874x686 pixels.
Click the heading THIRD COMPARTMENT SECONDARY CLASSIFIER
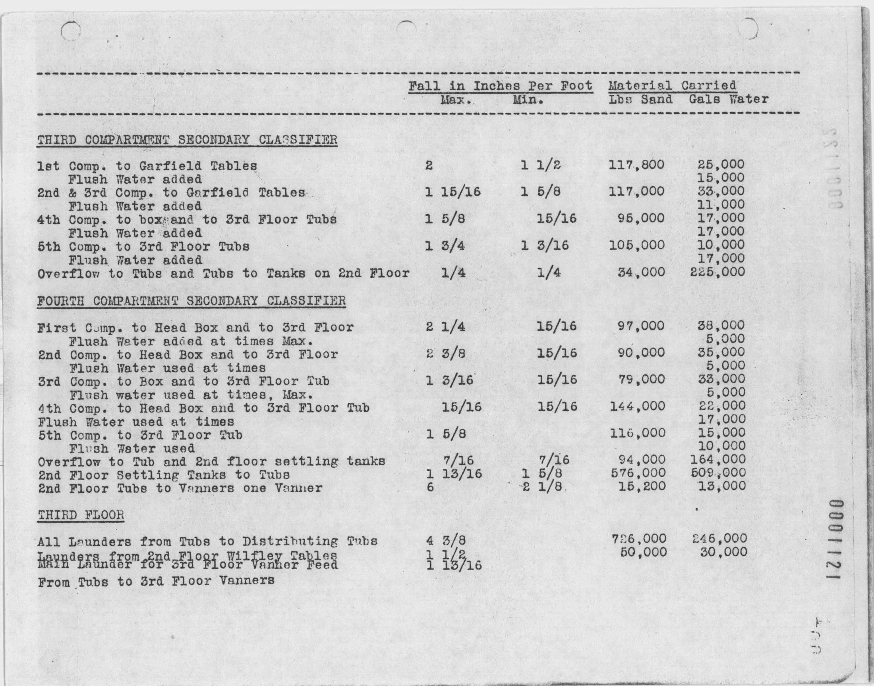coord(187,140)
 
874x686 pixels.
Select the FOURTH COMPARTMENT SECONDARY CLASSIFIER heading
coord(191,301)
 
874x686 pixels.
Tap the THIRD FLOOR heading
coord(81,515)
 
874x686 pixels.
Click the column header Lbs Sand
coord(640,99)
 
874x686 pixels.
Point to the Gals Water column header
coord(728,99)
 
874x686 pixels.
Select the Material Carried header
coord(672,85)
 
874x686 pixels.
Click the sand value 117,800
coord(636,165)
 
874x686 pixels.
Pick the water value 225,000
coord(717,272)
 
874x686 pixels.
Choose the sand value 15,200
coord(641,486)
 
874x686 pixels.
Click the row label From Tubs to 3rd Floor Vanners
coord(156,581)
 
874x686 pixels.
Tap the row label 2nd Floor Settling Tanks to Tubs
coord(164,475)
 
